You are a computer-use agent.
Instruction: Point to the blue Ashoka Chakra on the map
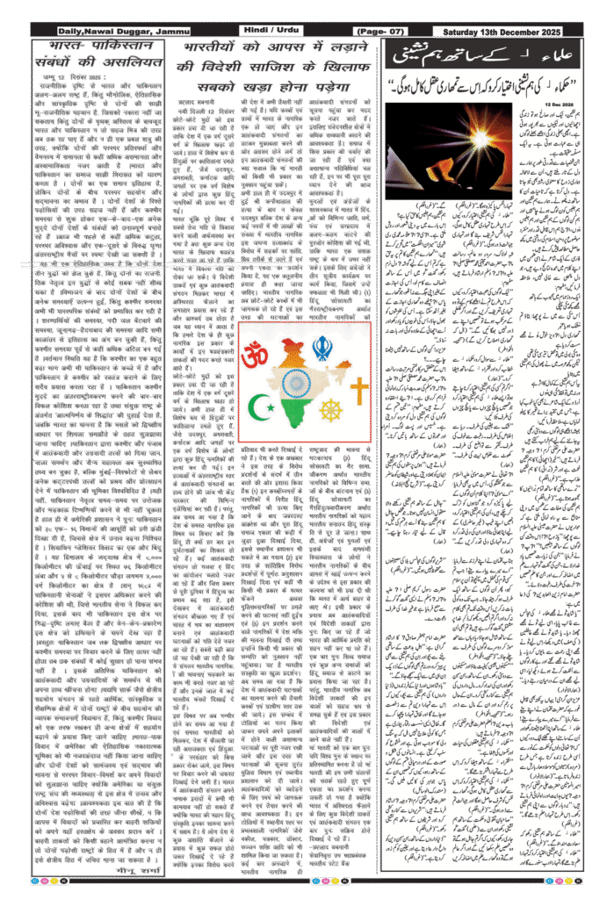point(299,382)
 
